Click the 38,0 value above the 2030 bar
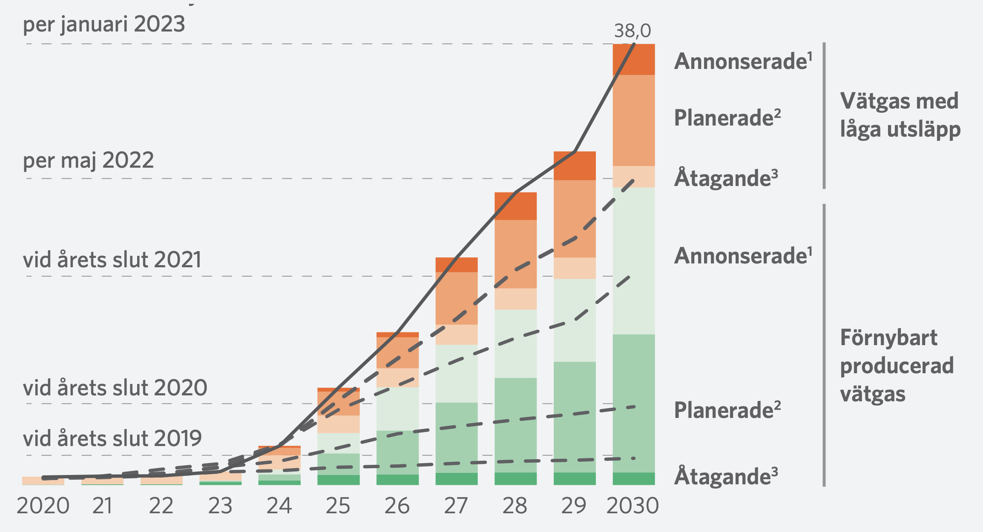pos(632,31)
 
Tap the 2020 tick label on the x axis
pos(43,506)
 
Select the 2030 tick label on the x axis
pos(632,506)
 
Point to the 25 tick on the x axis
pos(338,506)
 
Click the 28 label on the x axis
pos(515,506)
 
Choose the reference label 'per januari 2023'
pos(104,24)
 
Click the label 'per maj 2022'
pos(88,161)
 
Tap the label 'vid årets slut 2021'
pos(112,260)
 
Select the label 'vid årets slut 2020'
pos(115,388)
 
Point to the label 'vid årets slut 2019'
pos(112,439)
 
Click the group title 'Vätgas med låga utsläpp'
pos(900,115)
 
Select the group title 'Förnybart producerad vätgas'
pos(897,366)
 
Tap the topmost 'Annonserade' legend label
pos(743,61)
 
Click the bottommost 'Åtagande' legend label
pos(726,476)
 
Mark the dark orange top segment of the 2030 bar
pos(634,60)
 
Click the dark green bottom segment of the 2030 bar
pos(634,479)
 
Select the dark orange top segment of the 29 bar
pos(575,166)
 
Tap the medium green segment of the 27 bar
pos(457,437)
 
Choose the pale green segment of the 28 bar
pos(515,343)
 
